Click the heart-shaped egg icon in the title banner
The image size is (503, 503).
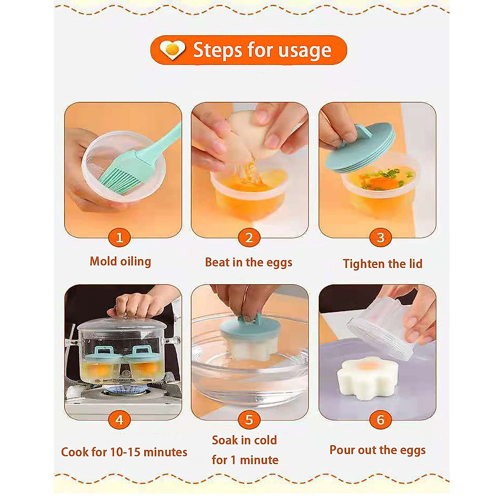coord(173,50)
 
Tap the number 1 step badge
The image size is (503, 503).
coord(119,238)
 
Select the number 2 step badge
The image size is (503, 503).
coord(249,238)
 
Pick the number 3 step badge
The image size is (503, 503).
coord(380,238)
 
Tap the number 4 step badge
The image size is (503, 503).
coord(119,420)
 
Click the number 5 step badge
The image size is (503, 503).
coord(249,420)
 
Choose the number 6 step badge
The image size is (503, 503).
coord(380,420)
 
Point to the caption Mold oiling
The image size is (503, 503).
coord(120,262)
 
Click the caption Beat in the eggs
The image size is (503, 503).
coord(249,262)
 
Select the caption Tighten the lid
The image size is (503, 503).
coord(382,264)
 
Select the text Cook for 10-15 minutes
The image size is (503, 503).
coord(124,452)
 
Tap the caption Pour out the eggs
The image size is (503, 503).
coord(377,450)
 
